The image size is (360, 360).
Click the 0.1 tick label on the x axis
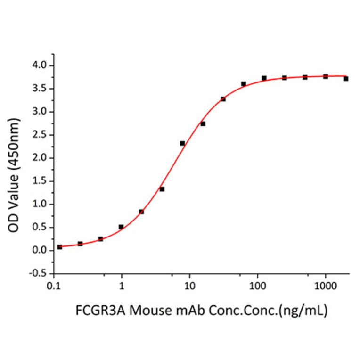click(54, 286)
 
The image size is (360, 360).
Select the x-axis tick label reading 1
click(122, 286)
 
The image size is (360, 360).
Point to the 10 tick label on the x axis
click(189, 286)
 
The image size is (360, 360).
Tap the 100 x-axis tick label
click(257, 286)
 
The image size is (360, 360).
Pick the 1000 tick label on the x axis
click(325, 286)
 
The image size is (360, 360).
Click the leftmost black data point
click(59, 247)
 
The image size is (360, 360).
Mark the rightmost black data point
click(346, 79)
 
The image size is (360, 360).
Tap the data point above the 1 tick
click(121, 227)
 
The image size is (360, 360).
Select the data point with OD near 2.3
click(182, 143)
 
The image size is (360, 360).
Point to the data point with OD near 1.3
click(162, 189)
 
